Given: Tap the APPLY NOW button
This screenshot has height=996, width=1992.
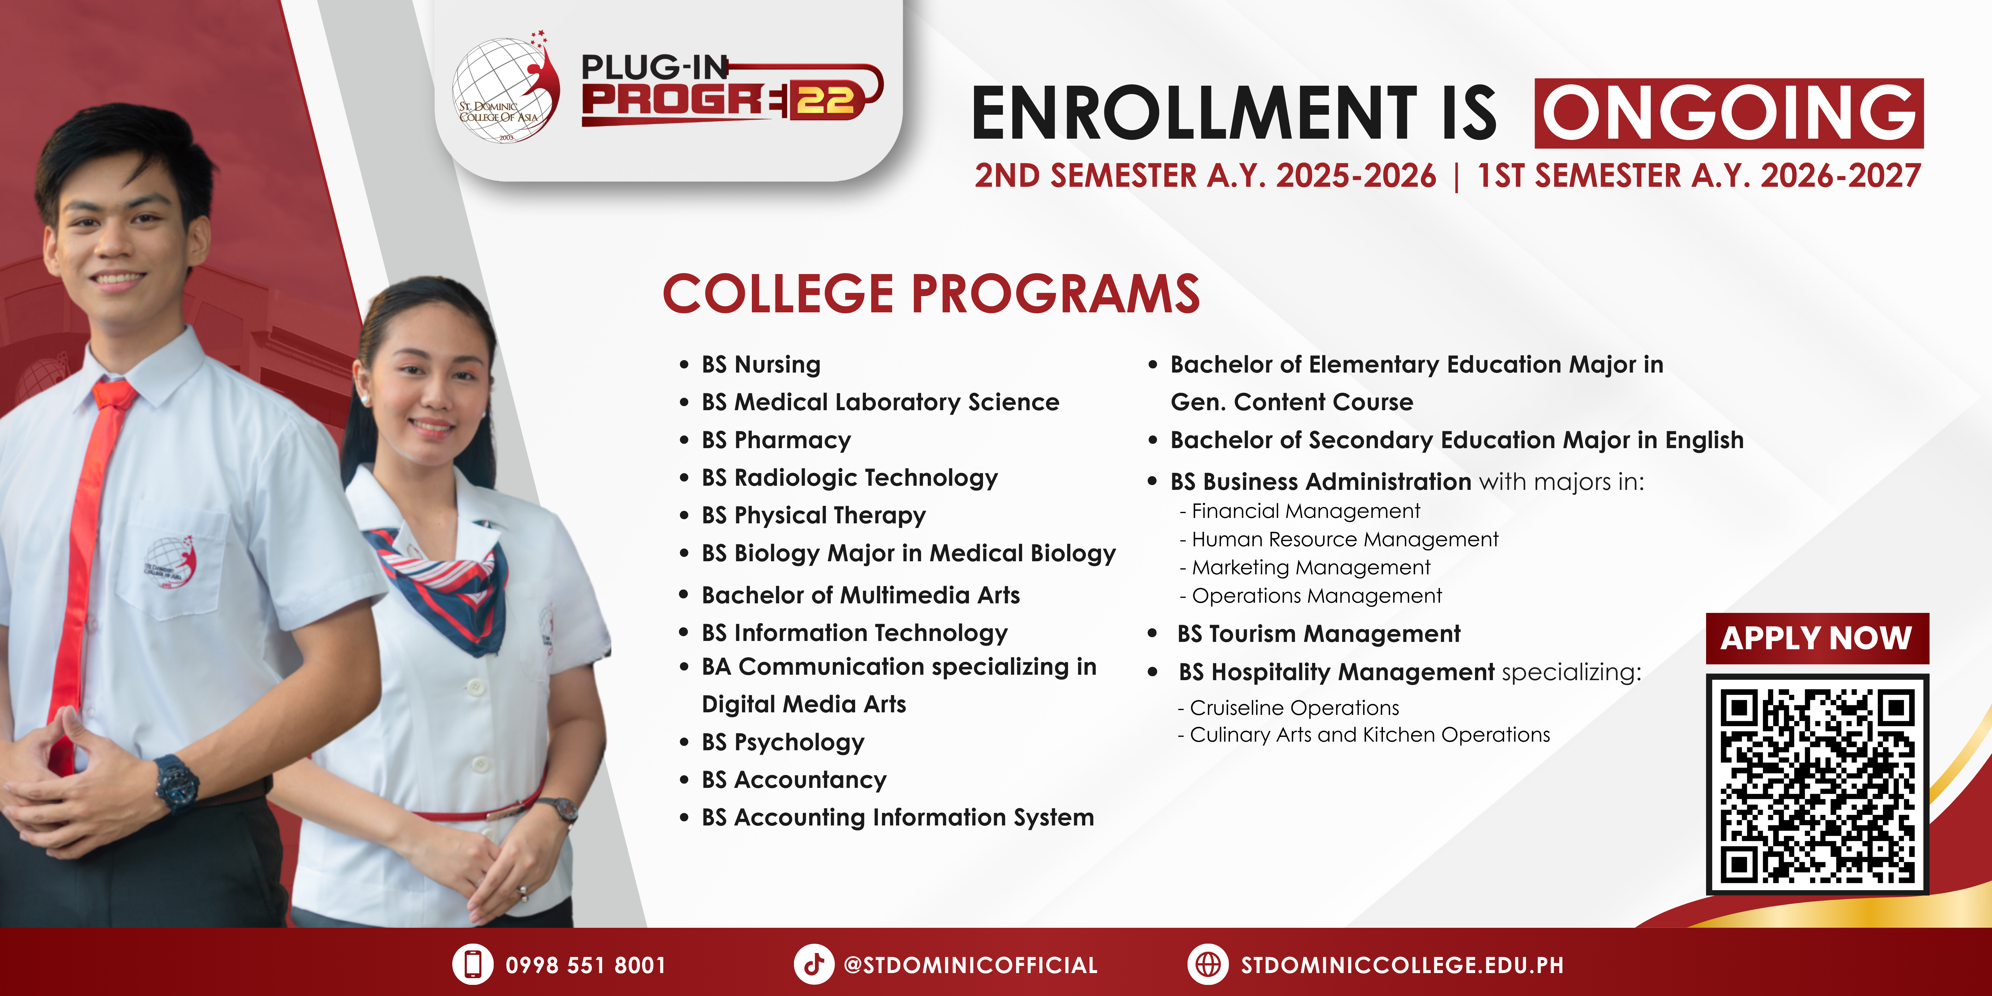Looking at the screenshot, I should pos(1816,638).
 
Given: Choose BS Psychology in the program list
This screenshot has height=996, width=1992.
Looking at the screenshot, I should pos(782,742).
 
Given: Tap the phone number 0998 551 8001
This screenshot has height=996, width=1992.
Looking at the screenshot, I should pos(585,965).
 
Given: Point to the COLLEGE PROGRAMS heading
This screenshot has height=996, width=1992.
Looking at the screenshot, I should pos(931,294).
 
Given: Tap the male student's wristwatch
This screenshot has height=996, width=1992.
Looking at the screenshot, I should pos(176,781).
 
